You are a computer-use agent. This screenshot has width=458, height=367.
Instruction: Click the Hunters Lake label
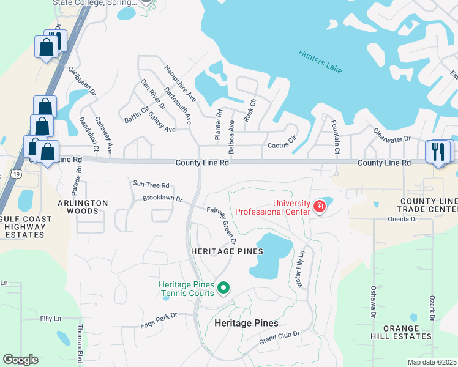pyautogui.click(x=320, y=62)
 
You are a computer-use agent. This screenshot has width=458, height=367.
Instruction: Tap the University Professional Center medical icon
pyautogui.click(x=318, y=207)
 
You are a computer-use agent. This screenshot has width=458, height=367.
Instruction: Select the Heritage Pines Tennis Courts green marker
pyautogui.click(x=224, y=287)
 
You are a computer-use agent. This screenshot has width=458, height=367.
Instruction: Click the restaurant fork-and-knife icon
pyautogui.click(x=438, y=152)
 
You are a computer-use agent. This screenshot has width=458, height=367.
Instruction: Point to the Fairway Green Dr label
pyautogui.click(x=222, y=225)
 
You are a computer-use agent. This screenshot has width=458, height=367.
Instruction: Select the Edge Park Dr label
pyautogui.click(x=158, y=324)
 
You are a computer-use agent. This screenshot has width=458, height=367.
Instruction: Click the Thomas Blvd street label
pyautogui.click(x=80, y=343)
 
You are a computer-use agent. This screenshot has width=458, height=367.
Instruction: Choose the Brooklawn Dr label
pyautogui.click(x=162, y=199)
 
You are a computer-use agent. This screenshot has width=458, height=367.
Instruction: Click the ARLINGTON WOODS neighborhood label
pyautogui.click(x=83, y=207)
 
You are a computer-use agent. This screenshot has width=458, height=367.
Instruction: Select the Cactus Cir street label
pyautogui.click(x=282, y=146)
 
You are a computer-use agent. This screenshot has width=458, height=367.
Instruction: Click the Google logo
pyautogui.click(x=20, y=360)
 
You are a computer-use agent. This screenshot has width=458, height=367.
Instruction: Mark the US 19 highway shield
pyautogui.click(x=13, y=174)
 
